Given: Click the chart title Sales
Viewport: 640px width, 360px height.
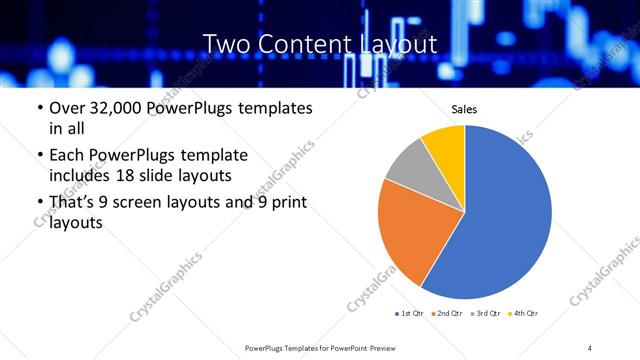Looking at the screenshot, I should [465, 110].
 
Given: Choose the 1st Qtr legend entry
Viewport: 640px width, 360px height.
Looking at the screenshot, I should [410, 314].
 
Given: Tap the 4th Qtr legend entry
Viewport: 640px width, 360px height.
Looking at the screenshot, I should [525, 314].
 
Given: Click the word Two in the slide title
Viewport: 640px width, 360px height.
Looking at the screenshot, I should [224, 44].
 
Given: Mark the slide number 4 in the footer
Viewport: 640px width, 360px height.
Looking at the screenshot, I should [590, 347].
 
